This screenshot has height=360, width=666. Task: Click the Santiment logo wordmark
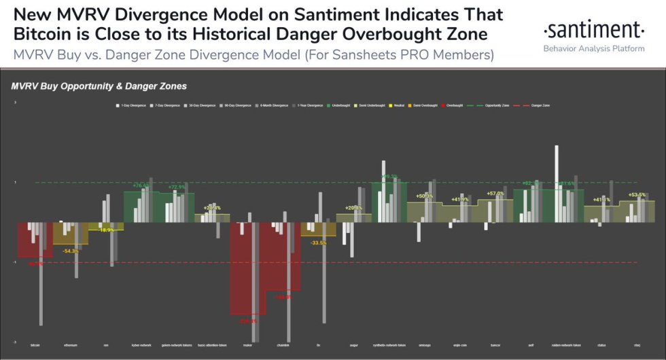pos(593,30)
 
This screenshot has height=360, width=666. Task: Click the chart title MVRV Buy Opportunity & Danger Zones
pos(99,86)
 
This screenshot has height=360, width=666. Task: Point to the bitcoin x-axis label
pos(35,346)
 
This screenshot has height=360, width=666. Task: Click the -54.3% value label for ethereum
pos(71,251)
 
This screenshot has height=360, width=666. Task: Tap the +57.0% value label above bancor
pos(495,194)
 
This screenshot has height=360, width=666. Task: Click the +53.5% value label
pos(637,195)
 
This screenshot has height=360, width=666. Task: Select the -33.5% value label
pos(318,242)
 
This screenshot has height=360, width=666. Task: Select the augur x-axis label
pos(353,346)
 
